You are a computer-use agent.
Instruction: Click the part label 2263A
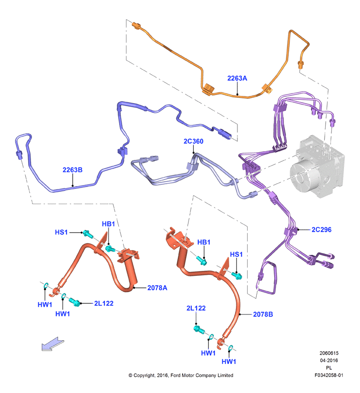[237, 79]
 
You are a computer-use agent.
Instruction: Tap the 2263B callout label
[72, 170]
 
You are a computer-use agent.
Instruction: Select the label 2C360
[193, 141]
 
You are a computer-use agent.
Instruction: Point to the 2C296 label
[321, 230]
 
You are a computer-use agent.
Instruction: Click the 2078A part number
[157, 288]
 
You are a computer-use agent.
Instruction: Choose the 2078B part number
[263, 314]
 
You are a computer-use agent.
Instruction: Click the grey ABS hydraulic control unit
[317, 167]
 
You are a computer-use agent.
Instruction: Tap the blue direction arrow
[53, 344]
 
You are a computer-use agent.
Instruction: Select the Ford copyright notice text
[181, 375]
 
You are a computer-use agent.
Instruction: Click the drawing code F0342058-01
[329, 375]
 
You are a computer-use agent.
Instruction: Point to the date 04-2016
[329, 361]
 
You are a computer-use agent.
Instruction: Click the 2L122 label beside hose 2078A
[104, 303]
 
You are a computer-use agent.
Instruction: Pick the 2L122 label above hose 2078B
[196, 308]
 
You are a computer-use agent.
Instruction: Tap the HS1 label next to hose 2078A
[62, 232]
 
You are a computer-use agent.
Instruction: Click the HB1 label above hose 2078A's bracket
[109, 224]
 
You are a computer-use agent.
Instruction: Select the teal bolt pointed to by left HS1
[87, 234]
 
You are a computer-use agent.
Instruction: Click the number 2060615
[329, 353]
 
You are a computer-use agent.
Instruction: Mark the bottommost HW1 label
[229, 362]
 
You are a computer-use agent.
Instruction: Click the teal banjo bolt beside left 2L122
[75, 302]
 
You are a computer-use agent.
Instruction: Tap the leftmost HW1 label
[45, 305]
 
